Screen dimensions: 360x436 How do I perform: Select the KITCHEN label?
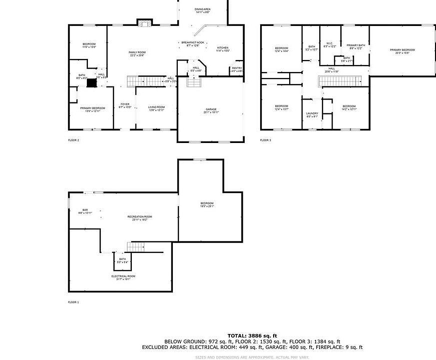222,48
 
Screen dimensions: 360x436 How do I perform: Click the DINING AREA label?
202,9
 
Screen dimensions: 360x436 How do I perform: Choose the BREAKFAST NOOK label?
193,43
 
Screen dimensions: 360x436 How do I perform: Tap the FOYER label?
125,104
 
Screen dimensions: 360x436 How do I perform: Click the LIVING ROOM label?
156,107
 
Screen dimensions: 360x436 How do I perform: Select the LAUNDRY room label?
312,114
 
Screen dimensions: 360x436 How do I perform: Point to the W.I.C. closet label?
330,43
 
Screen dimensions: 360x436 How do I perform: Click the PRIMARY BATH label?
356,45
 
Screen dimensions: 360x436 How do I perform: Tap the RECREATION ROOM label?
139,216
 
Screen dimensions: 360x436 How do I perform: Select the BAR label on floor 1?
85,209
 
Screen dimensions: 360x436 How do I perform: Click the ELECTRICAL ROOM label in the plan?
123,276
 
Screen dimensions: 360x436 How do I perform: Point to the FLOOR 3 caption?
265,140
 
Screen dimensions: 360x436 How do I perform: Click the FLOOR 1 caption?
73,302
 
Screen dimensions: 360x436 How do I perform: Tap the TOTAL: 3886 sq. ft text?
252,335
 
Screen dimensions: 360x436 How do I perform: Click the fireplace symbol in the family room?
144,23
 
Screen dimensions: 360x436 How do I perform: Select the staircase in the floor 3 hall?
348,81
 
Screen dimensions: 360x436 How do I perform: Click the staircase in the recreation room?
135,246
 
